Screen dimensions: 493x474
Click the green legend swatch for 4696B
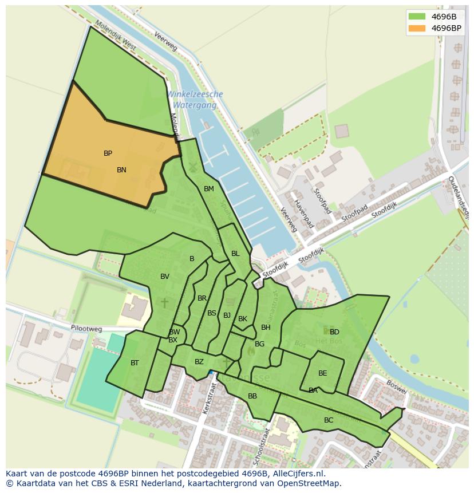tap(417, 17)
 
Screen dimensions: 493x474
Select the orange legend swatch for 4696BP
tap(417, 28)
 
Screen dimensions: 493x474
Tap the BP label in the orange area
tap(108, 153)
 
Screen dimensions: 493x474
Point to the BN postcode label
tap(121, 170)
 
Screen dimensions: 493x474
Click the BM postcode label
tap(209, 189)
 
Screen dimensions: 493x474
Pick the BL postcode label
tap(235, 254)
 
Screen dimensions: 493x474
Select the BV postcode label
tap(165, 277)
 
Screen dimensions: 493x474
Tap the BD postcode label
tap(334, 332)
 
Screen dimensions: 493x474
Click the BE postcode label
tap(323, 373)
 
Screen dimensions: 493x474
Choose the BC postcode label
tap(329, 420)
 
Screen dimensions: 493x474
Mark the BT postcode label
tap(135, 363)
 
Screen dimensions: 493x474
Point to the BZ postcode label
tap(199, 362)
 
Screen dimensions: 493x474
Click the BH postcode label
tap(266, 328)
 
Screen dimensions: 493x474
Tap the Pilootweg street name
tap(86, 329)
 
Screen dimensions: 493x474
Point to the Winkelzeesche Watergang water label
tap(195, 100)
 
